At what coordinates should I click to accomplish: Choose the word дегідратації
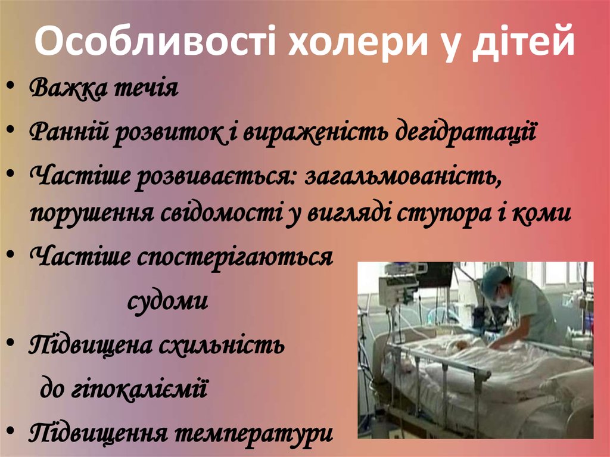(465, 132)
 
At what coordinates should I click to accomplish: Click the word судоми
(168, 301)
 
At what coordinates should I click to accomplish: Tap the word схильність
(226, 344)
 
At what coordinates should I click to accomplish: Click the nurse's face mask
(502, 300)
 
